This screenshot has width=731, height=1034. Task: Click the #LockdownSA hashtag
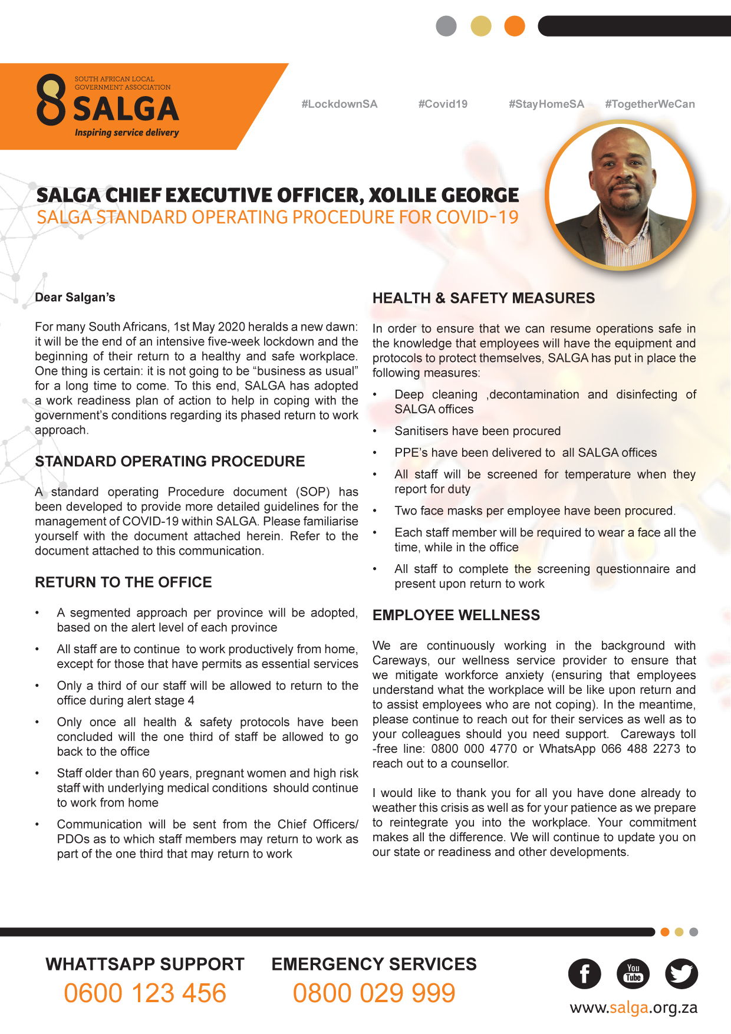[x=339, y=104]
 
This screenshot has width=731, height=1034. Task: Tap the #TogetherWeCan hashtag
[x=650, y=104]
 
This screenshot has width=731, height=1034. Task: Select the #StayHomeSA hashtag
[x=546, y=104]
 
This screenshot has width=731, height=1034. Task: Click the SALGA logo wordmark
[x=126, y=109]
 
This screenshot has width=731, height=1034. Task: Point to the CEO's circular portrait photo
[x=621, y=195]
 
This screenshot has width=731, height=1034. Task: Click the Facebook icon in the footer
[x=584, y=974]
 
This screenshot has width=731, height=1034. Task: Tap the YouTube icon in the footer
[x=633, y=974]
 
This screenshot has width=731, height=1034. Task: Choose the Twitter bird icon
[x=681, y=974]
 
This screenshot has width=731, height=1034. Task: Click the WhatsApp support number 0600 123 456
[x=145, y=993]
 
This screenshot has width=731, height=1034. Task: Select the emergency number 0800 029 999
[x=374, y=993]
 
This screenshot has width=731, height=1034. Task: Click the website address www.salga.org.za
[x=633, y=1008]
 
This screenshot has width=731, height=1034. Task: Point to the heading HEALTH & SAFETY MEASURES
[x=483, y=298]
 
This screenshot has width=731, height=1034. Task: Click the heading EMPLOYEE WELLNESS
[x=456, y=615]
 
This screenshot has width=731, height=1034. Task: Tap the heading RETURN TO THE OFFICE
[x=123, y=582]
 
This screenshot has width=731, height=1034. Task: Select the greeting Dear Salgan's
[x=75, y=298]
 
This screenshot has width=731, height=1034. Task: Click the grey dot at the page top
[x=446, y=26]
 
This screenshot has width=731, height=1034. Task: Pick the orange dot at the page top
[x=515, y=26]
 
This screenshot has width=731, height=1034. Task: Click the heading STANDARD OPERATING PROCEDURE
[x=170, y=462]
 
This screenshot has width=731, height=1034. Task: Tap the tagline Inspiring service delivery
[x=127, y=133]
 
